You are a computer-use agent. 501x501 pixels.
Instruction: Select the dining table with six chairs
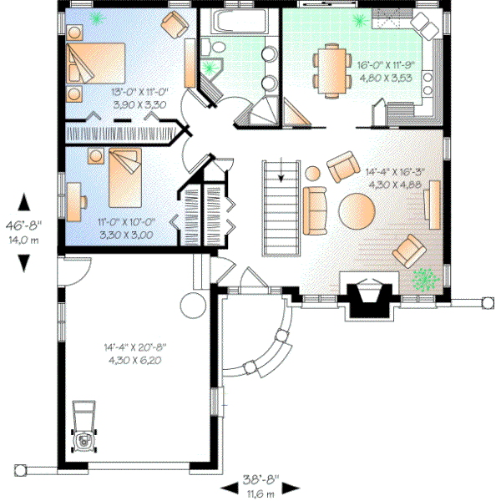click(328, 68)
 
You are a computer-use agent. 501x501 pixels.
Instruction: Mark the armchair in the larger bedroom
click(176, 26)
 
